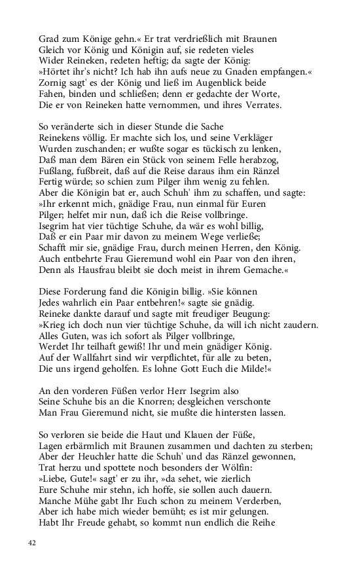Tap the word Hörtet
(58, 72)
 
